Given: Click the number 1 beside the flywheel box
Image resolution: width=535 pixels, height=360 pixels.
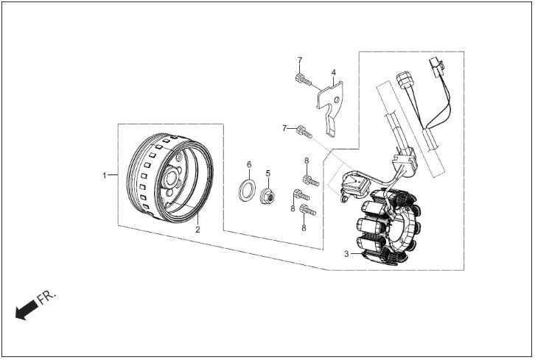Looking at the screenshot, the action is click(105, 175).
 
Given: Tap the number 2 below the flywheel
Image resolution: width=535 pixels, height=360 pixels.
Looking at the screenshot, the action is click(197, 230).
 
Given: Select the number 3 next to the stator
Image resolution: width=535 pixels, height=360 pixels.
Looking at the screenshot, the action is click(346, 254).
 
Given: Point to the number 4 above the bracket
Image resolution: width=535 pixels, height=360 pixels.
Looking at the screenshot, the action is click(333, 72).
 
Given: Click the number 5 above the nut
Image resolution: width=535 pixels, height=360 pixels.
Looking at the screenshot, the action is click(267, 173).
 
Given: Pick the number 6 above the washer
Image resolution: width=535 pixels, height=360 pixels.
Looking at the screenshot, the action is click(249, 165).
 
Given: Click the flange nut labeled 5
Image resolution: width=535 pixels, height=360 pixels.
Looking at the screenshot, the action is click(268, 197).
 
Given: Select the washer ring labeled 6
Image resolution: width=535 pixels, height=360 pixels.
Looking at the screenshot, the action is click(246, 190).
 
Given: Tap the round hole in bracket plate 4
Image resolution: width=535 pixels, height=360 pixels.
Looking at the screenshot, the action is click(337, 100).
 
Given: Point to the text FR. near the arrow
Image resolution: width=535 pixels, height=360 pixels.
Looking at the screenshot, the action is click(46, 297).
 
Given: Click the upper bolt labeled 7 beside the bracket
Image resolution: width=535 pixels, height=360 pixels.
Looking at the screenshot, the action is click(304, 79).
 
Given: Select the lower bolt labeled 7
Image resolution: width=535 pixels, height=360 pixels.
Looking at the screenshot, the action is click(304, 131).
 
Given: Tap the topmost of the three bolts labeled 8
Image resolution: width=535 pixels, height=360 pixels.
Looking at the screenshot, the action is click(311, 180).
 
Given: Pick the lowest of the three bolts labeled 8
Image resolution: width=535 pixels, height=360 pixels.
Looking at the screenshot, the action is click(308, 210).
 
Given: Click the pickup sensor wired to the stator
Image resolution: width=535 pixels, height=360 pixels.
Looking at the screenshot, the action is click(355, 185).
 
